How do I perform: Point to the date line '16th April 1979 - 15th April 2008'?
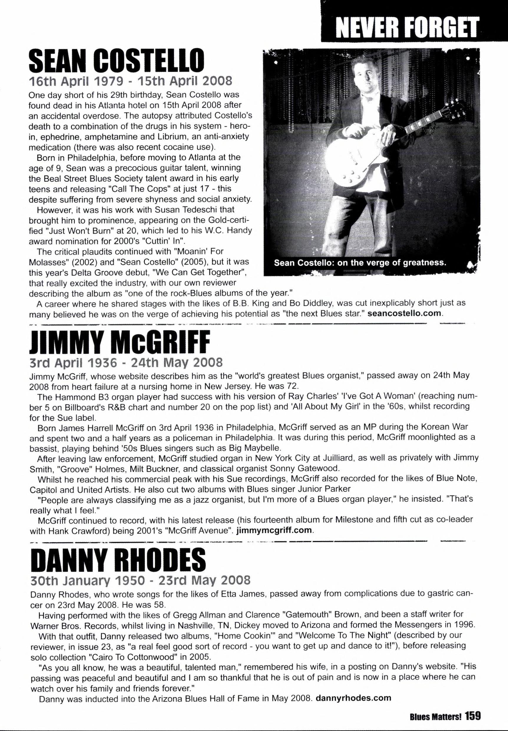point(130,82)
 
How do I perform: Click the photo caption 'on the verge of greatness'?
point(360,263)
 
